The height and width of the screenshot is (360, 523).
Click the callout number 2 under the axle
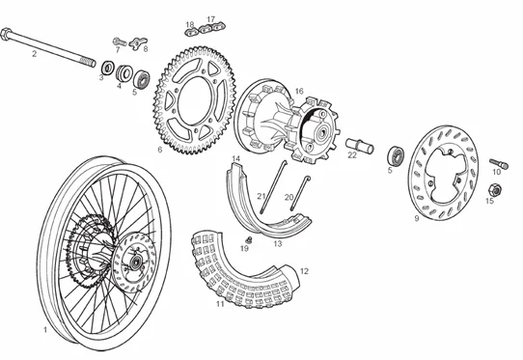coord(34,54)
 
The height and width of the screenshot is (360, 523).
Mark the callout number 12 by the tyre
coord(305,272)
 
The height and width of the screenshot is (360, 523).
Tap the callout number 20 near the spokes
coord(289,197)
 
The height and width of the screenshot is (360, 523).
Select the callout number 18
coord(190,22)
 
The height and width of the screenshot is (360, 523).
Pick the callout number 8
coord(144,48)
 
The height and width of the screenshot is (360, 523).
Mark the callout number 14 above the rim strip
coord(235,157)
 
